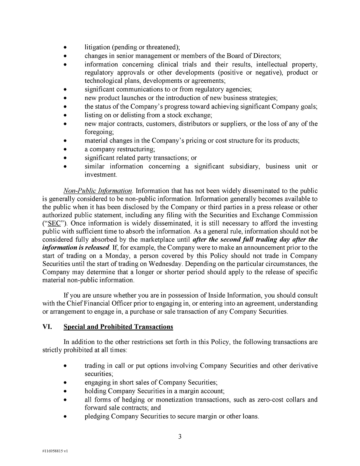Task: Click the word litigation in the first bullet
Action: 97,47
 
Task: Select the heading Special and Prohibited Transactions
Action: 118,327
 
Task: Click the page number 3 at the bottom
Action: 180,437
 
